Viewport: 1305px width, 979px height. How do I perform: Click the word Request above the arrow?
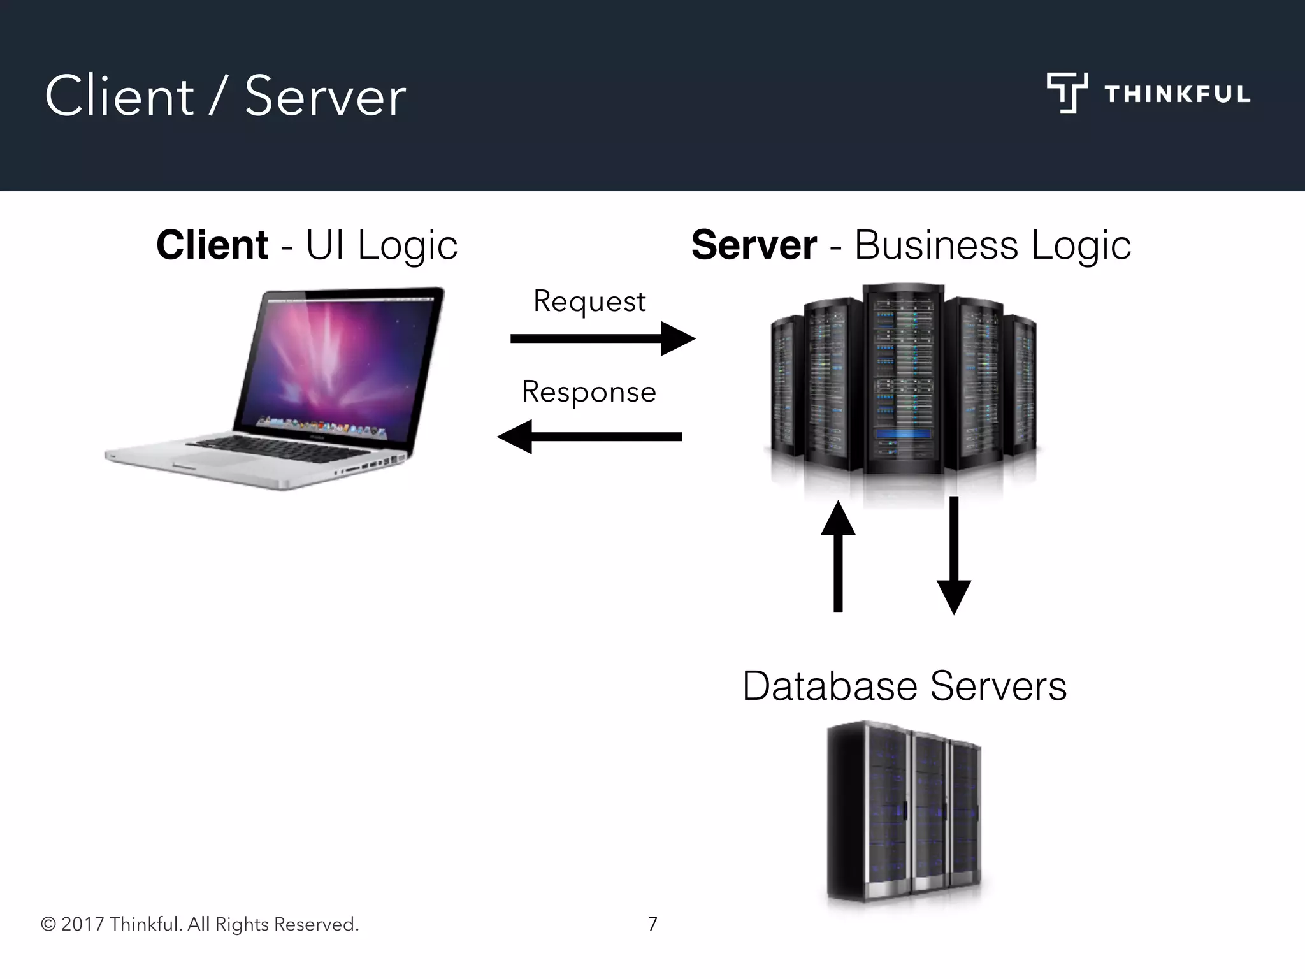click(x=589, y=301)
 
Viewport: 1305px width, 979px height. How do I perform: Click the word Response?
click(x=589, y=391)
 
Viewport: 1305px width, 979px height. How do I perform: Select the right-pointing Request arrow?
click(x=602, y=338)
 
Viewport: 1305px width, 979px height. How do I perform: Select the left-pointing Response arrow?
click(x=589, y=437)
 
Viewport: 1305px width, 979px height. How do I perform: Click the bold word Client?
click(x=212, y=245)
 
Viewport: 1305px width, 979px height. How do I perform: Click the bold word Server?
click(x=754, y=245)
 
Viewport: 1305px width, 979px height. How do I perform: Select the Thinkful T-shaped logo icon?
click(x=1067, y=93)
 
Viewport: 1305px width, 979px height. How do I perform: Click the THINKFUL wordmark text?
click(x=1177, y=94)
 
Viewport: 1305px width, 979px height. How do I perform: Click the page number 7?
click(x=652, y=924)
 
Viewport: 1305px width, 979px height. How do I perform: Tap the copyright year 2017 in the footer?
click(x=82, y=924)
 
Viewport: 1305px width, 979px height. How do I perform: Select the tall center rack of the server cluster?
click(x=903, y=379)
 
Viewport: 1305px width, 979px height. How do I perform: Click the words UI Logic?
click(x=381, y=245)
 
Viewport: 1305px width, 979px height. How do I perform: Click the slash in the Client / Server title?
click(x=218, y=97)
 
